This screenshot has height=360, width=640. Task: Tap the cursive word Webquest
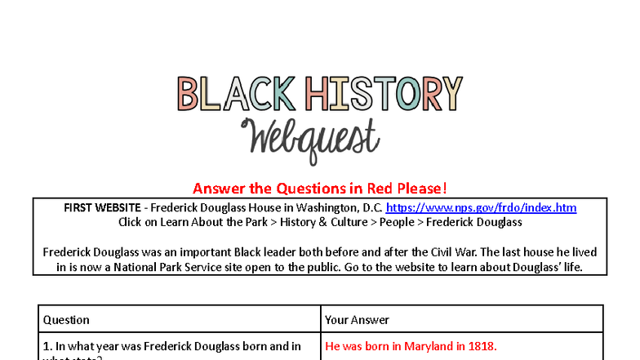pos(310,139)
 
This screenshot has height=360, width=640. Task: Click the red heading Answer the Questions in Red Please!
pos(320,188)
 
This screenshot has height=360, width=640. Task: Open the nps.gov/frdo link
pos(481,208)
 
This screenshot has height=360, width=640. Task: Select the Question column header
pos(66,320)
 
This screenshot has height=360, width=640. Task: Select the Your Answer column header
pos(358,320)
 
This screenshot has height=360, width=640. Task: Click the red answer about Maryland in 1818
pos(411,346)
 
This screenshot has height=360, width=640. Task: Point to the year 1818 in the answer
pos(482,346)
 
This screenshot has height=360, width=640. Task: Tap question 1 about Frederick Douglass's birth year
pos(171,346)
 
